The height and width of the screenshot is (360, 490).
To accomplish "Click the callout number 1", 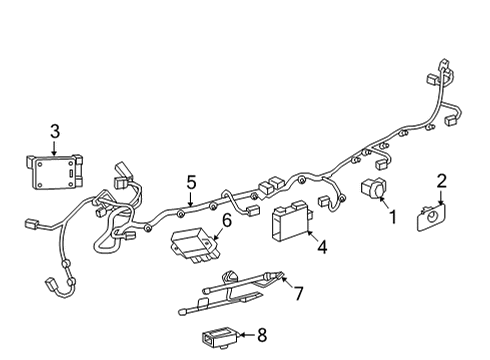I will (393, 215).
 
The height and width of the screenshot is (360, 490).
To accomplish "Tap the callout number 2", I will (442, 180).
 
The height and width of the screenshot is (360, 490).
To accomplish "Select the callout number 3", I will (54, 130).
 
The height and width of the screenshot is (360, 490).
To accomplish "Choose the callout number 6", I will (226, 221).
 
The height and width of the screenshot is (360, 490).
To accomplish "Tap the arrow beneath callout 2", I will (441, 196).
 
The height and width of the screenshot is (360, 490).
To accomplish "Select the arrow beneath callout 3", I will (54, 145).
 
